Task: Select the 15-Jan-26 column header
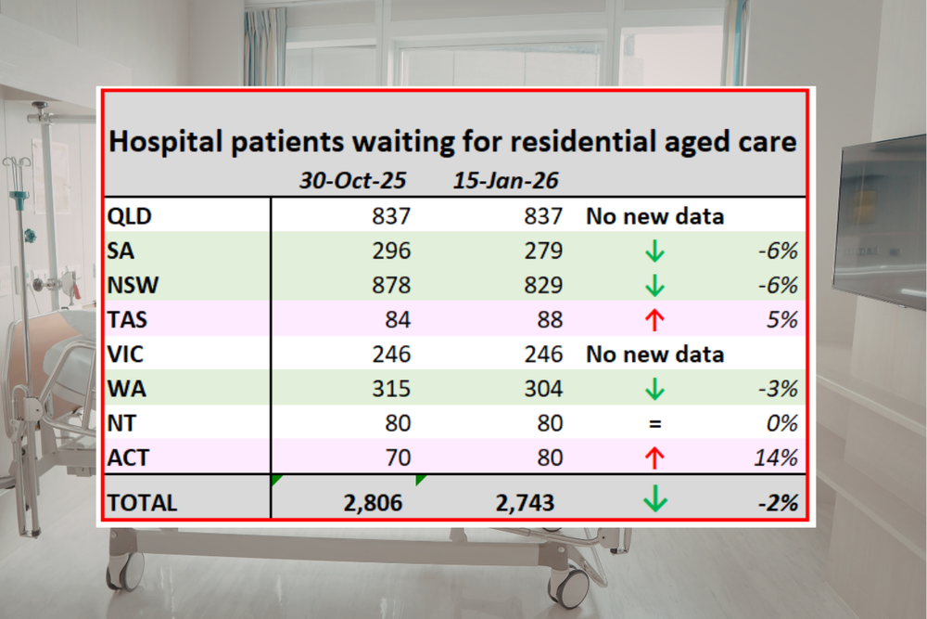tap(507, 180)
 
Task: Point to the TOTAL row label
tap(142, 502)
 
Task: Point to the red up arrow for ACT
tap(654, 457)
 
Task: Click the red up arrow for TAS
tap(654, 319)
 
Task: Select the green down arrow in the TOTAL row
tap(654, 501)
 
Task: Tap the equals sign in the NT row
tap(654, 423)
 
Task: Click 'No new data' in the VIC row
tap(654, 354)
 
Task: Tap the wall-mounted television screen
tap(881, 223)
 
